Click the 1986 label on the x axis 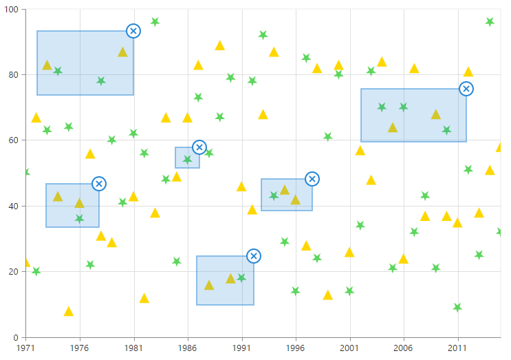187,349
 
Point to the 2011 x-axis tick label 457,349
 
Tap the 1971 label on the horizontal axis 25,349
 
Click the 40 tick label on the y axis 15,207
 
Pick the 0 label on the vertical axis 18,338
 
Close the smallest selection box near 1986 199,147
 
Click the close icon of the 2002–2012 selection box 466,89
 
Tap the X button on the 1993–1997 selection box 312,179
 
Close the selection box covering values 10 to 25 254,256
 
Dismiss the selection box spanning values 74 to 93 133,31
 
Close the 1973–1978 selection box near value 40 99,184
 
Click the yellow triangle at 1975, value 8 69,312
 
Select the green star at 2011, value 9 457,308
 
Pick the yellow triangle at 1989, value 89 220,46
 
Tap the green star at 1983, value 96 155,22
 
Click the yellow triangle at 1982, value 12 144,299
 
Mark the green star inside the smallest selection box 187,160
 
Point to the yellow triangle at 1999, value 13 327,295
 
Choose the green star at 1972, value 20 36,271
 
